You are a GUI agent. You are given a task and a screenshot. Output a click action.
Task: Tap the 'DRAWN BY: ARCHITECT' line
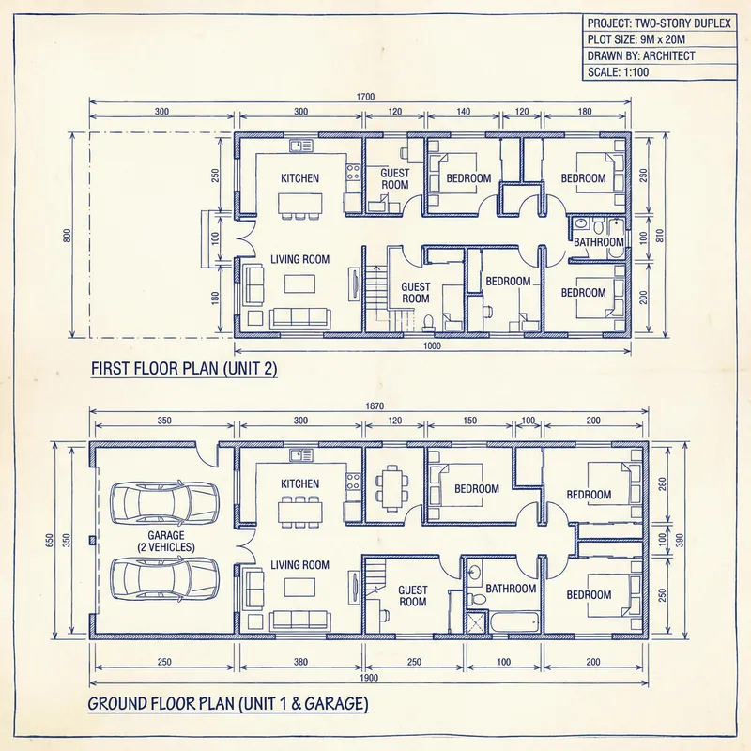point(641,56)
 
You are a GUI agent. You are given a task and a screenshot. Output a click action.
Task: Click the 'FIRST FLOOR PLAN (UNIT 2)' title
point(184,369)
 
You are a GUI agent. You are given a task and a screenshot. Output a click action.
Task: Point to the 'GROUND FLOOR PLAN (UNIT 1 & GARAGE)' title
point(228,703)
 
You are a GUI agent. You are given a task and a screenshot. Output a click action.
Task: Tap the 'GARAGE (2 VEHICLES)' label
point(165,540)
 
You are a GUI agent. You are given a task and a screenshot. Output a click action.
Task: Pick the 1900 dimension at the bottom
point(368,677)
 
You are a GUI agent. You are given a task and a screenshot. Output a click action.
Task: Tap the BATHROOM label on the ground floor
point(511,590)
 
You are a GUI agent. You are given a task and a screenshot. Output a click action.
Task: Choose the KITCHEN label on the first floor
point(299,178)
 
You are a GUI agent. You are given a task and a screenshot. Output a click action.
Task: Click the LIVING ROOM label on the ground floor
point(299,565)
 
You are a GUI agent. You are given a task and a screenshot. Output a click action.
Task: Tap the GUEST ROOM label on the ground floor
point(413,596)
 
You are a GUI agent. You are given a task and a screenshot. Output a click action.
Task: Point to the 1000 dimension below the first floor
point(431,346)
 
